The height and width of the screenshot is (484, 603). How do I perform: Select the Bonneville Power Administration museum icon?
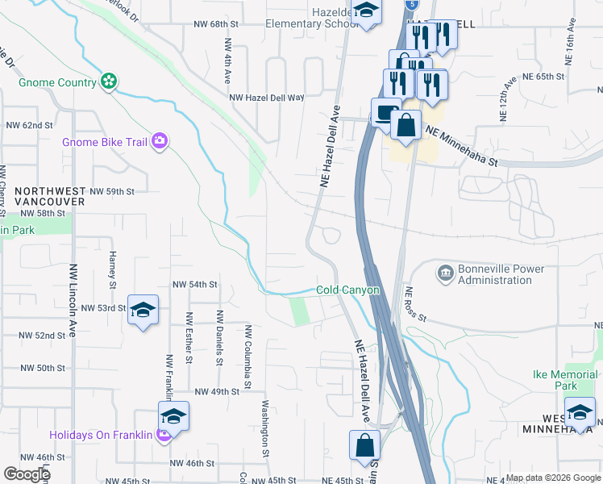click(444, 274)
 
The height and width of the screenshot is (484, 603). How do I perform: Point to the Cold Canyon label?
click(347, 290)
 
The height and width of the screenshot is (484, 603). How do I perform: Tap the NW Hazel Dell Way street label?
click(267, 98)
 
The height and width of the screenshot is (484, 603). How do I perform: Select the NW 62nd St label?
click(29, 126)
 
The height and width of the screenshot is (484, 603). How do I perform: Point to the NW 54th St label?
click(195, 285)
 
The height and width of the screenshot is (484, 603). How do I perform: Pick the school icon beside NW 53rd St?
click(143, 311)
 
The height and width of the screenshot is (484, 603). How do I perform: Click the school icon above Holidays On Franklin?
click(173, 416)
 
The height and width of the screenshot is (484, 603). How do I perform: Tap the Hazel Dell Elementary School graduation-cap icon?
click(367, 12)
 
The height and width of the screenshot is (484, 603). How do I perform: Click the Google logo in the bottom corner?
click(27, 474)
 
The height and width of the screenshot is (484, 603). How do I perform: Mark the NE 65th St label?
click(554, 77)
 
